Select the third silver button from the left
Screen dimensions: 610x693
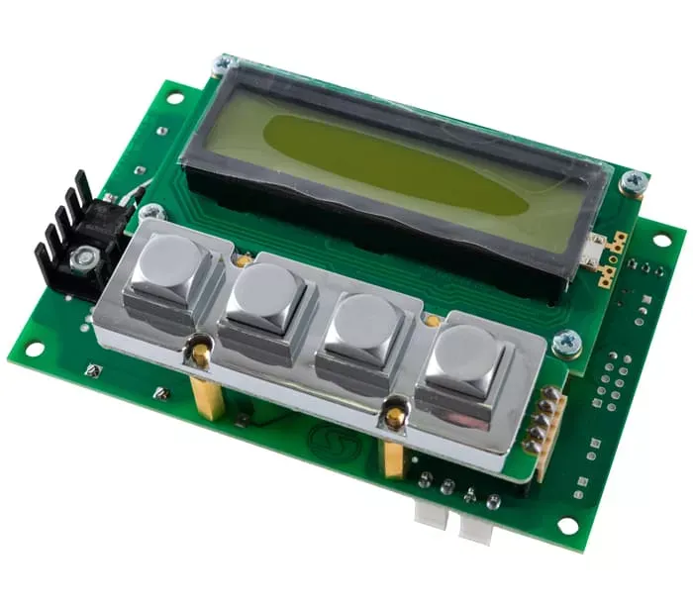tap(365, 323)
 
